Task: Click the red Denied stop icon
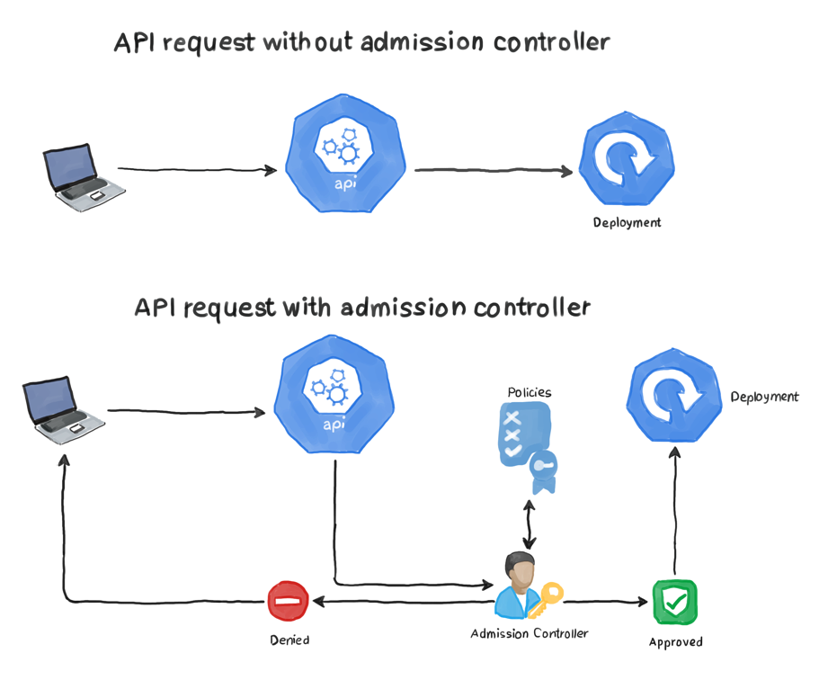pyautogui.click(x=289, y=600)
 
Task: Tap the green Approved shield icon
pyautogui.click(x=674, y=601)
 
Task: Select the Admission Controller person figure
pyautogui.click(x=515, y=586)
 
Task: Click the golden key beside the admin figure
pyautogui.click(x=546, y=598)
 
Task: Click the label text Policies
pyautogui.click(x=529, y=392)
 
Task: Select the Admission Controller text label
pyautogui.click(x=530, y=633)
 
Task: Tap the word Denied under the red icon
pyautogui.click(x=289, y=640)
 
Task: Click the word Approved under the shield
pyautogui.click(x=675, y=642)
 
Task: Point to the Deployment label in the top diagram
pyautogui.click(x=627, y=222)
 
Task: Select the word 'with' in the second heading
pyautogui.click(x=307, y=308)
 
